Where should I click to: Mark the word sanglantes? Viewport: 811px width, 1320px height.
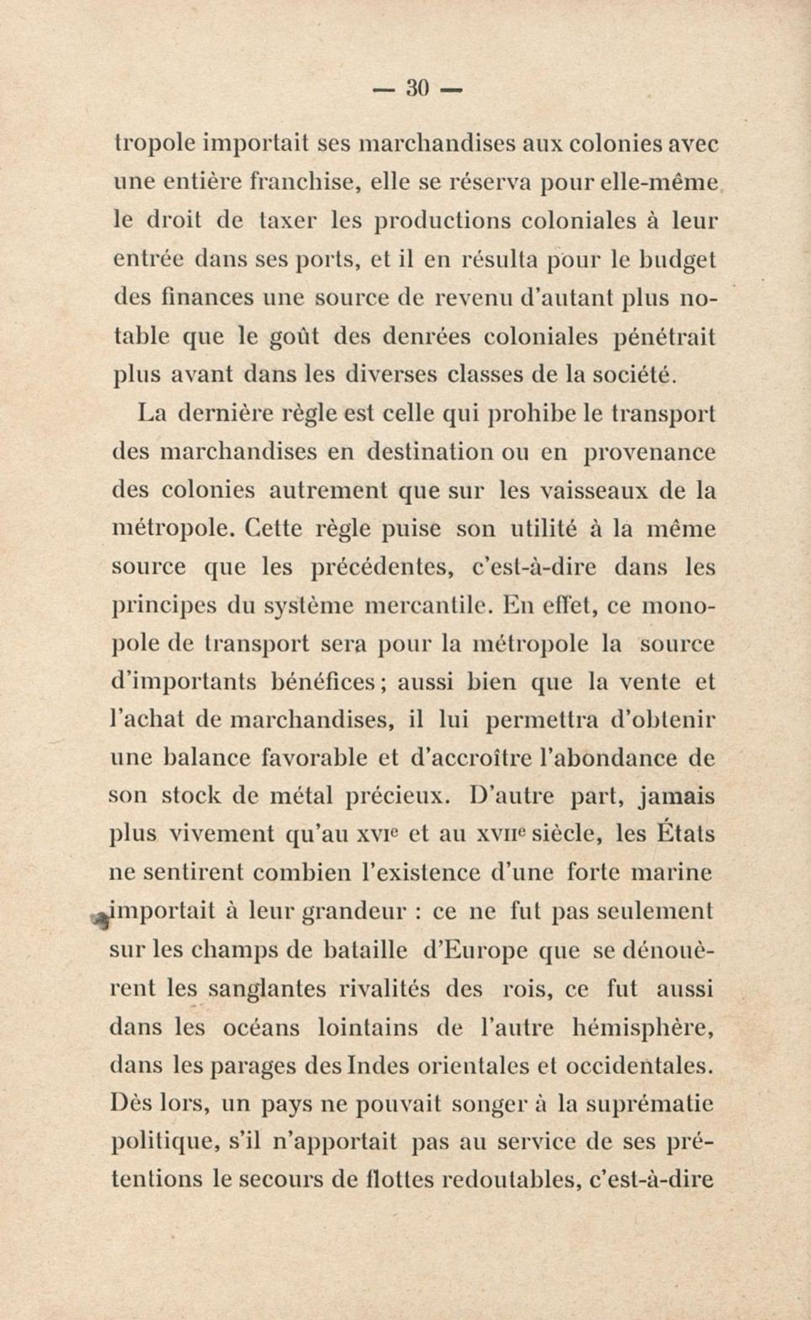(266, 989)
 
